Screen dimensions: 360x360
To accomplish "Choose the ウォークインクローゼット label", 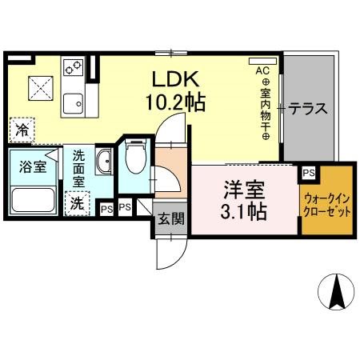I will pyautogui.click(x=326, y=205).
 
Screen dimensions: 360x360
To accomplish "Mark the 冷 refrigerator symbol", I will pyautogui.click(x=22, y=128).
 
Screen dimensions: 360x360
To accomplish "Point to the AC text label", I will pyautogui.click(x=262, y=70).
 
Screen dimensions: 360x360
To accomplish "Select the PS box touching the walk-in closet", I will pyautogui.click(x=308, y=172).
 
